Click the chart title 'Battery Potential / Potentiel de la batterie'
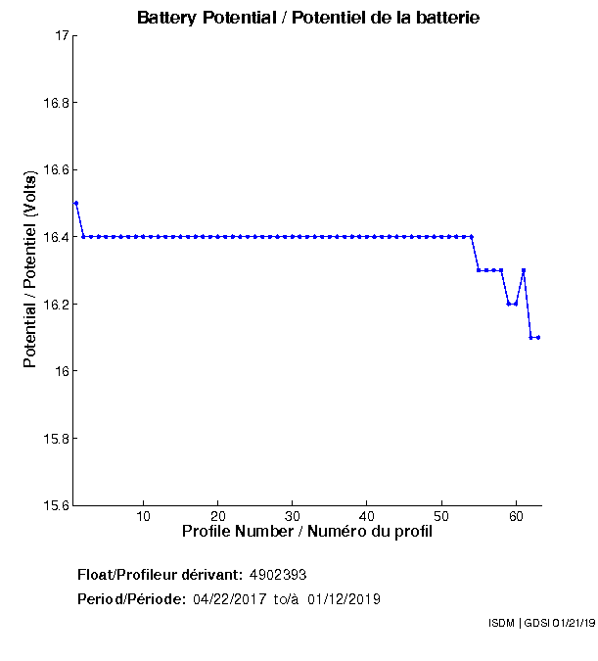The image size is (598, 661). [x=308, y=18]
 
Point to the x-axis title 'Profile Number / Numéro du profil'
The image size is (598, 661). [x=307, y=533]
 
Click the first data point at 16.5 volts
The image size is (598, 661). [x=75, y=203]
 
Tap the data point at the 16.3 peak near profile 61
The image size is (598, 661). [x=524, y=270]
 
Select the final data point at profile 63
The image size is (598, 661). [x=538, y=337]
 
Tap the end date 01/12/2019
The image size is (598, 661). [x=345, y=598]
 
